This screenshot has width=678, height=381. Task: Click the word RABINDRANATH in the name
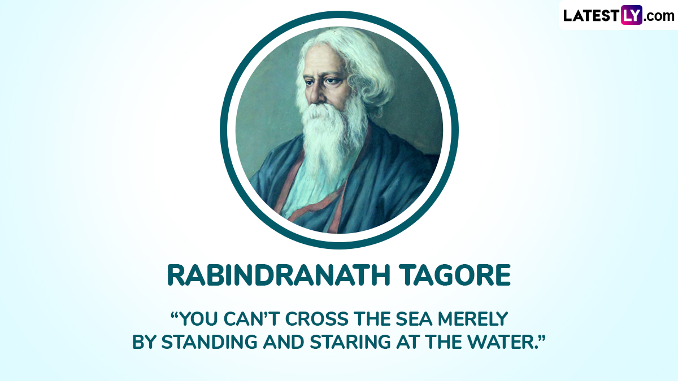point(278,275)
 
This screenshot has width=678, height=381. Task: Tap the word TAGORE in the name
point(455,275)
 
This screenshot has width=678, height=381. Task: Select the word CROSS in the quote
point(317,319)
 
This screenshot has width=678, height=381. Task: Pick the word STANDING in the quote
point(210,342)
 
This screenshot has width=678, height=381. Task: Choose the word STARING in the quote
point(350,342)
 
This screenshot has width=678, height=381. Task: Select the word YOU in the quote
point(198,319)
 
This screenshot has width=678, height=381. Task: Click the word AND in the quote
point(284,342)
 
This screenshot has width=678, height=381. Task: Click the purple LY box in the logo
point(632,15)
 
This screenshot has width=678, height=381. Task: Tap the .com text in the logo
point(659,16)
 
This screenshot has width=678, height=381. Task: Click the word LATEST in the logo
point(592,15)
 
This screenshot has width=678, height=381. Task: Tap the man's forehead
point(323,60)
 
